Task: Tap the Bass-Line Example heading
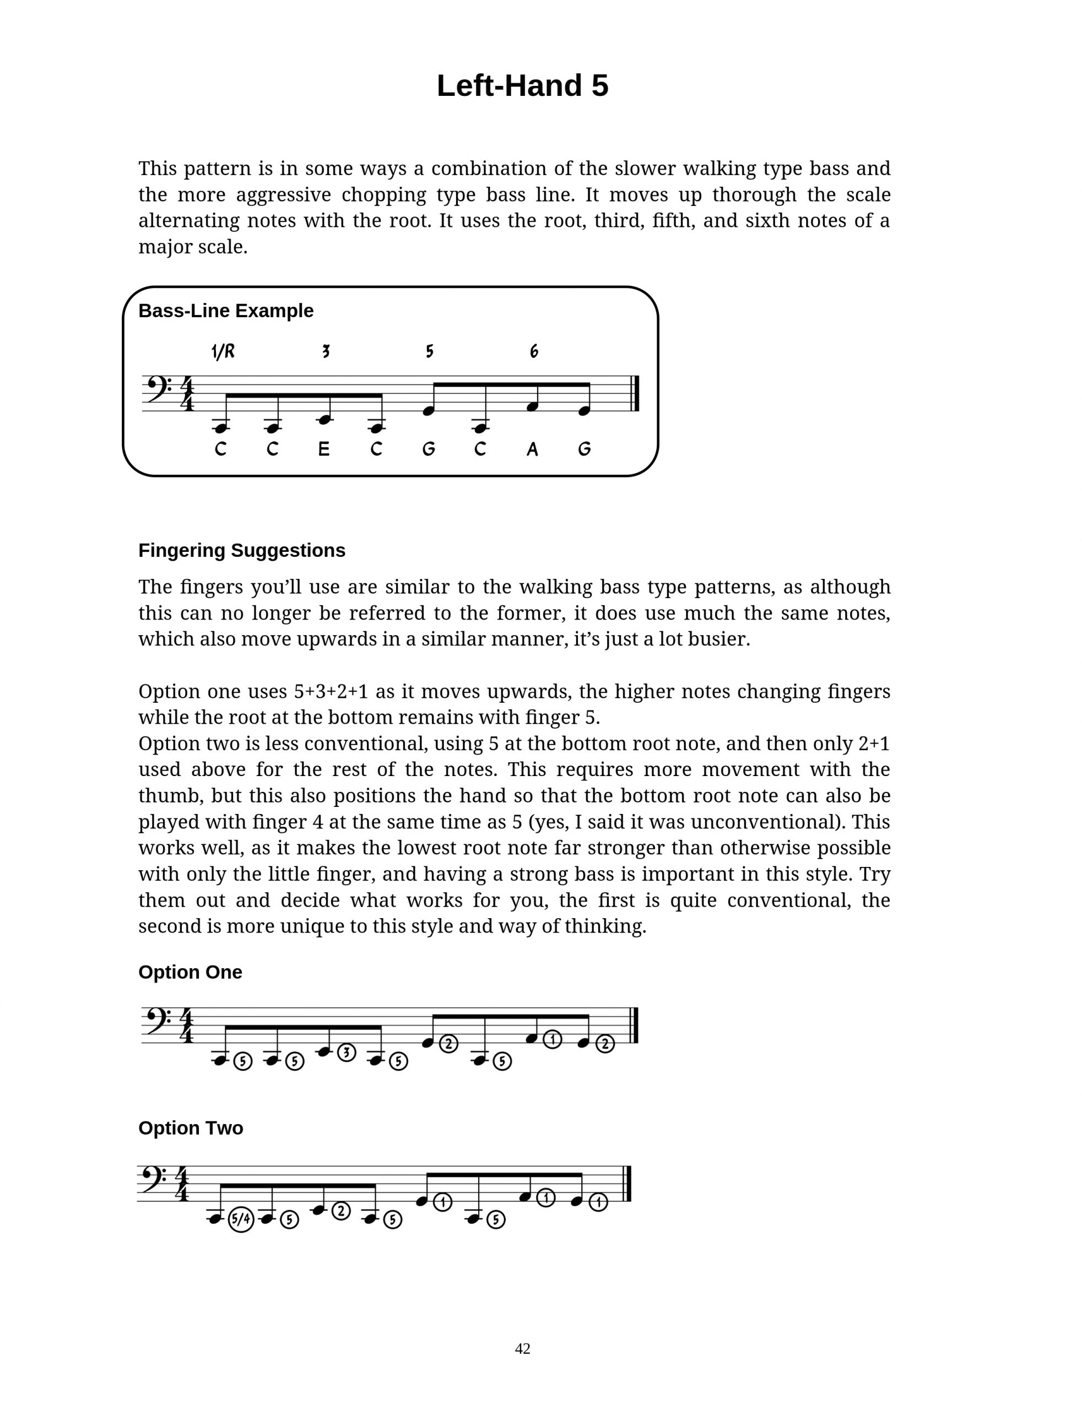coord(226,311)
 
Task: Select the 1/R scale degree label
coord(223,351)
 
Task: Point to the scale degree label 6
coord(534,351)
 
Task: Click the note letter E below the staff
coord(324,449)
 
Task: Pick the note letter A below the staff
coord(532,449)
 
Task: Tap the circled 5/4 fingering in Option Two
coord(241,1218)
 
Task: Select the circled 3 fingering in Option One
coord(347,1053)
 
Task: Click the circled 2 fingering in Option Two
coord(340,1211)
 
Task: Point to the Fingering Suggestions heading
coord(241,550)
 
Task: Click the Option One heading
coord(190,972)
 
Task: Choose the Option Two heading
coord(191,1128)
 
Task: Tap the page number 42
coord(522,1349)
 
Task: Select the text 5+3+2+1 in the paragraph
coord(331,691)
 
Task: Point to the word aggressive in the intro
coord(283,194)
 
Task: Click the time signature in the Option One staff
coord(187,1026)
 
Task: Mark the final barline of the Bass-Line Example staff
coord(635,393)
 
